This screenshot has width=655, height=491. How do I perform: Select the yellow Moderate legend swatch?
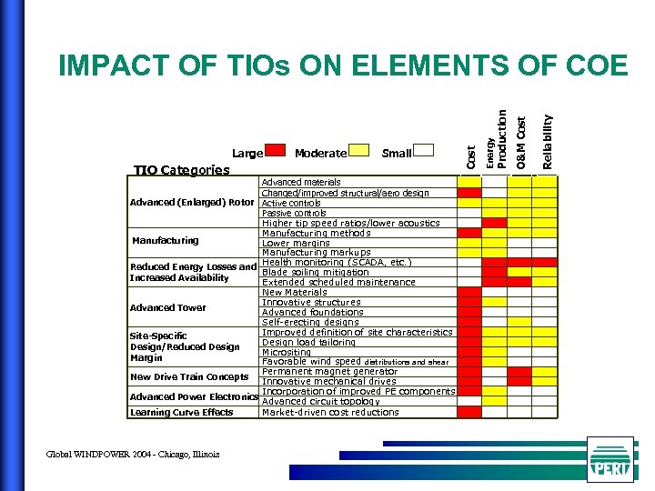tap(359, 152)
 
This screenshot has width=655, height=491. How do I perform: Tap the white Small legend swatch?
tap(425, 152)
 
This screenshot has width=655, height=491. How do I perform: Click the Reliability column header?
tap(547, 141)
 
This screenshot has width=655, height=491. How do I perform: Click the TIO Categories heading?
tap(181, 170)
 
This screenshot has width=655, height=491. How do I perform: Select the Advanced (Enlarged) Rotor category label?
tap(191, 202)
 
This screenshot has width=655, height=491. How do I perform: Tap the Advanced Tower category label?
tap(167, 307)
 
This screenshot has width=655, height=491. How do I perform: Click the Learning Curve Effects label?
tap(181, 412)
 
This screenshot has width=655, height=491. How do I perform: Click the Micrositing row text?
tap(287, 352)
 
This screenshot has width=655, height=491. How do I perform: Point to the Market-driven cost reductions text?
tap(330, 412)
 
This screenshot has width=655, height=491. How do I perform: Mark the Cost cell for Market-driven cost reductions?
tap(469, 412)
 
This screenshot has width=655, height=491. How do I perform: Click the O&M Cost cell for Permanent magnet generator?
tap(519, 372)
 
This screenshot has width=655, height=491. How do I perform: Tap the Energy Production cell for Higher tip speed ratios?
tap(495, 223)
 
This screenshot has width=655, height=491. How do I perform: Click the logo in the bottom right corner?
tap(610, 459)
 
